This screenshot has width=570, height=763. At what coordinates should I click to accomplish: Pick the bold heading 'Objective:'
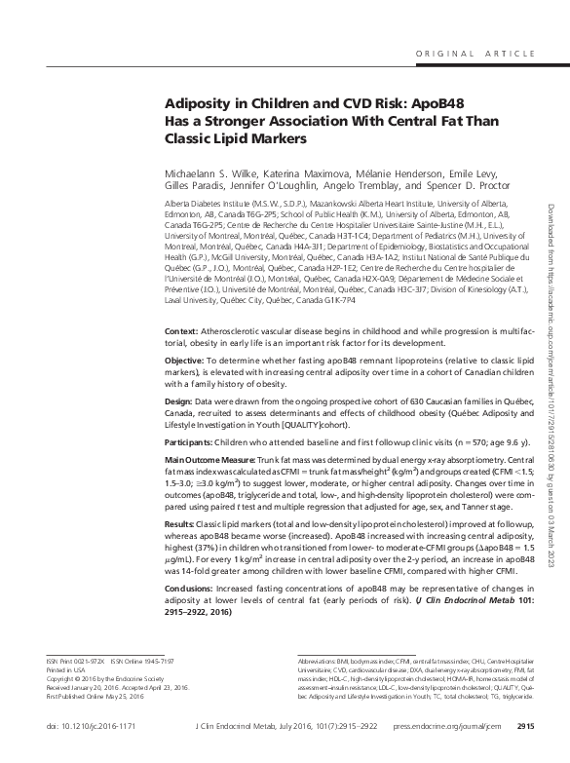[189, 362]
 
